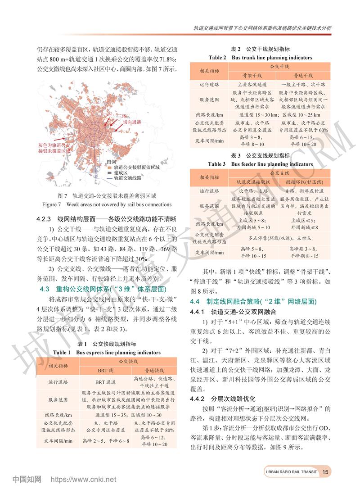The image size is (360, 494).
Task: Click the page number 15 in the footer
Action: [x=327, y=472]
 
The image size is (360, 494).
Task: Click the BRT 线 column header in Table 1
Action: [x=106, y=370]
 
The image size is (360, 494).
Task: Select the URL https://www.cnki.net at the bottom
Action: [x=83, y=480]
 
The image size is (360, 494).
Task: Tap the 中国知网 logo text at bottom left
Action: [x=27, y=480]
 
